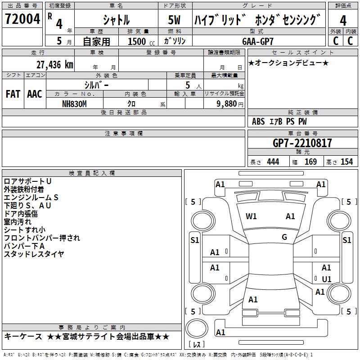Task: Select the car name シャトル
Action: click(116, 20)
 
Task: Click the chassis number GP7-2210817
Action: click(302, 143)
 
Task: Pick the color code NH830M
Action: click(74, 103)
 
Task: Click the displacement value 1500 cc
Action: click(141, 41)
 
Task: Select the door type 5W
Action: click(175, 20)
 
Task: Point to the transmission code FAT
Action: click(13, 94)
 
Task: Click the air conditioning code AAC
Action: click(35, 94)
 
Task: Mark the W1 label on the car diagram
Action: click(251, 216)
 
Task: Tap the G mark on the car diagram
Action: click(284, 237)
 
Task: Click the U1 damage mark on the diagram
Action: click(327, 279)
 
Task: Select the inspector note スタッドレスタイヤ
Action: click(34, 254)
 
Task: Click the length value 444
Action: click(273, 162)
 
